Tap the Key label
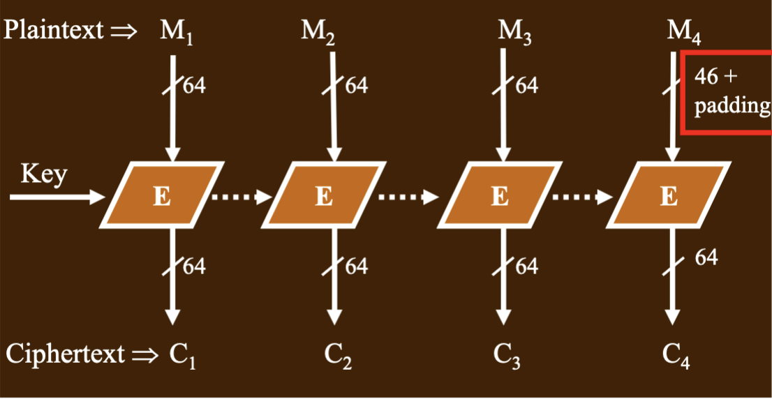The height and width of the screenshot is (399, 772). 43,174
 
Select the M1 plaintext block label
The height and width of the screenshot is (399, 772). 176,33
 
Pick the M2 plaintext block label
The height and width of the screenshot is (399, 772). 318,33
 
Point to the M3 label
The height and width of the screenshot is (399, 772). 514,33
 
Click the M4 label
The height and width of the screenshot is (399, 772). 684,33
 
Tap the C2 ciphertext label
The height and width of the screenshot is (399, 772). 339,354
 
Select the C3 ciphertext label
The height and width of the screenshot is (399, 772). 507,354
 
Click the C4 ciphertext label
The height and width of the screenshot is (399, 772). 676,354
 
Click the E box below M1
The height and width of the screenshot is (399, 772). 162,195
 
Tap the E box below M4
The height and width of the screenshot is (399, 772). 668,195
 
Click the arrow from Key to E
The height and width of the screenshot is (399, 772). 58,197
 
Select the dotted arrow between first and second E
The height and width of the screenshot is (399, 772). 242,197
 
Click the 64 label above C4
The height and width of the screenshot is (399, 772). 706,257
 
